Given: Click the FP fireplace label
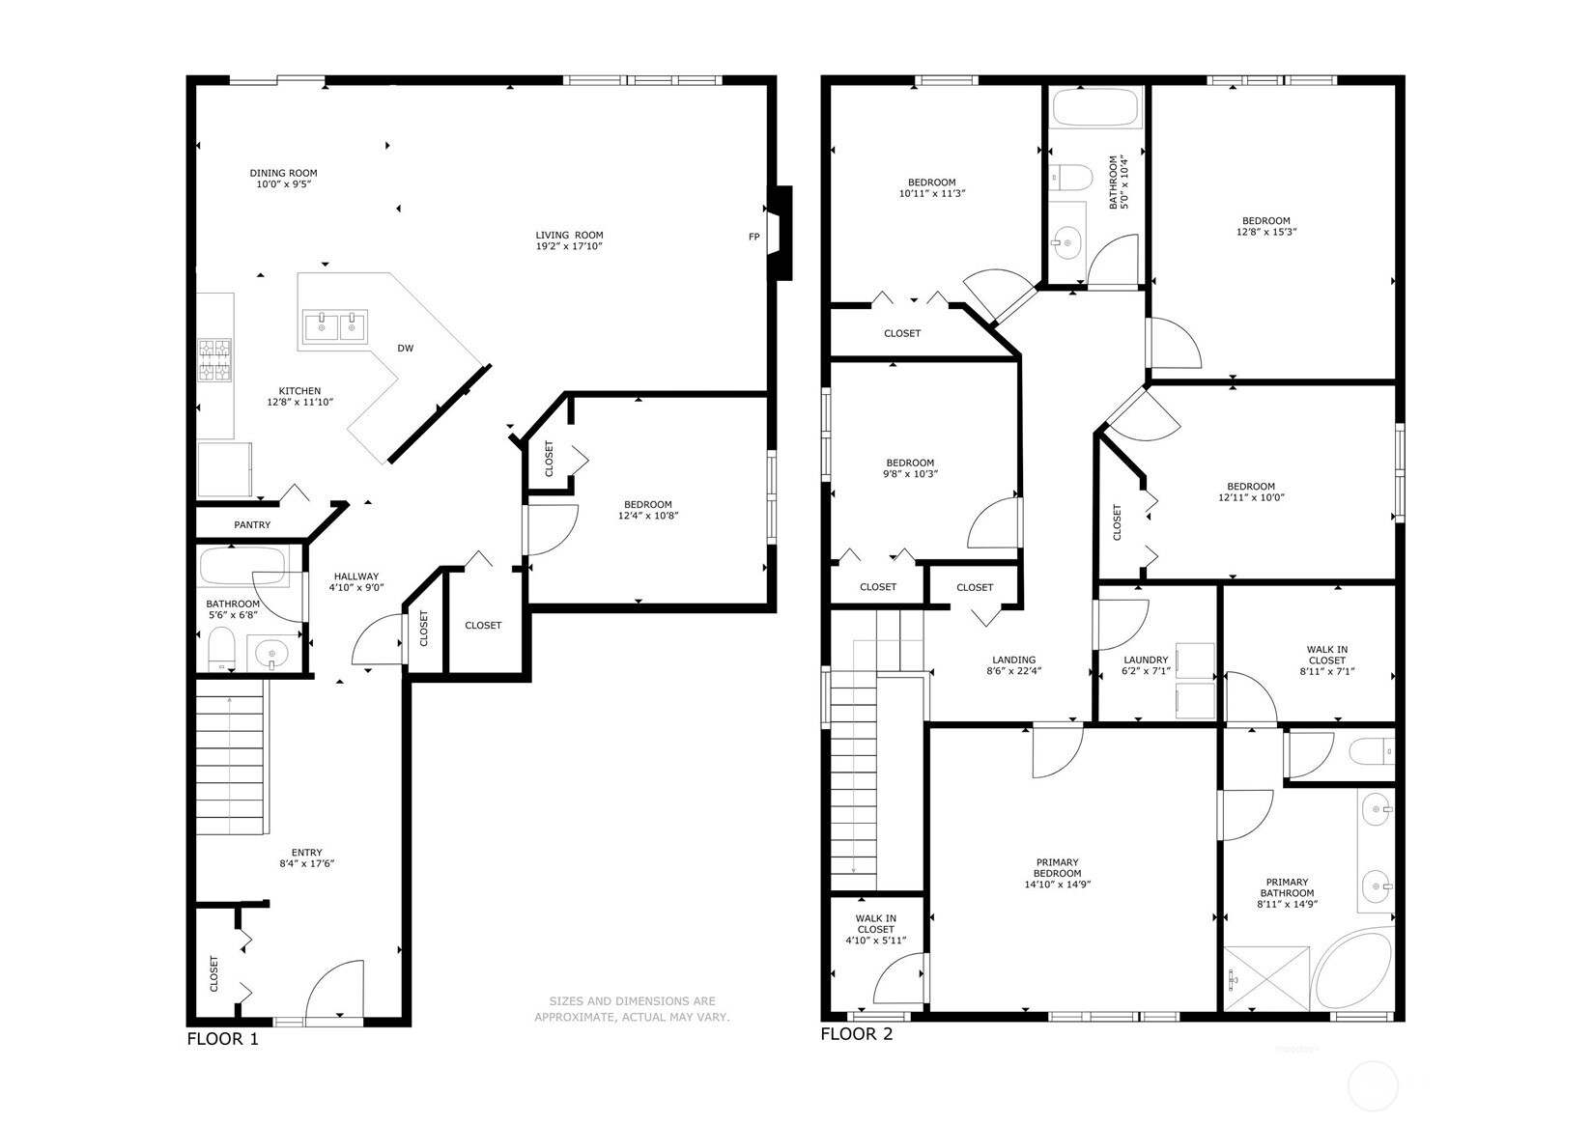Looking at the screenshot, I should pyautogui.click(x=753, y=237).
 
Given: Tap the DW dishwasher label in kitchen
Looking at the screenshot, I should pyautogui.click(x=406, y=349).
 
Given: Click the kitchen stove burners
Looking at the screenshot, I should pyautogui.click(x=215, y=361).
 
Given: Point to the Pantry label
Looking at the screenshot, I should pyautogui.click(x=252, y=525).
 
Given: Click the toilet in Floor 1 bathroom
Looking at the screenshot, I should pyautogui.click(x=222, y=650).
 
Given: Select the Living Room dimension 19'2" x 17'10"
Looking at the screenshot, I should pyautogui.click(x=570, y=247).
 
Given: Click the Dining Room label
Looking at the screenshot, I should pyautogui.click(x=283, y=173).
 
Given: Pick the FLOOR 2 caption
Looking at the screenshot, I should pyautogui.click(x=856, y=1035).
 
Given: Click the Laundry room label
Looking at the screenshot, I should pyautogui.click(x=1146, y=660).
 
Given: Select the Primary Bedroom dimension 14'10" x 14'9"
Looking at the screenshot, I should pyautogui.click(x=1057, y=885).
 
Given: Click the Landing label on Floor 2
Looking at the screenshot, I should pyautogui.click(x=1013, y=660).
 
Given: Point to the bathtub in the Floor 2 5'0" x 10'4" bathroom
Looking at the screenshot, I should pyautogui.click(x=1096, y=108).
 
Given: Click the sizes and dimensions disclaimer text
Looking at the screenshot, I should pyautogui.click(x=632, y=1009).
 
